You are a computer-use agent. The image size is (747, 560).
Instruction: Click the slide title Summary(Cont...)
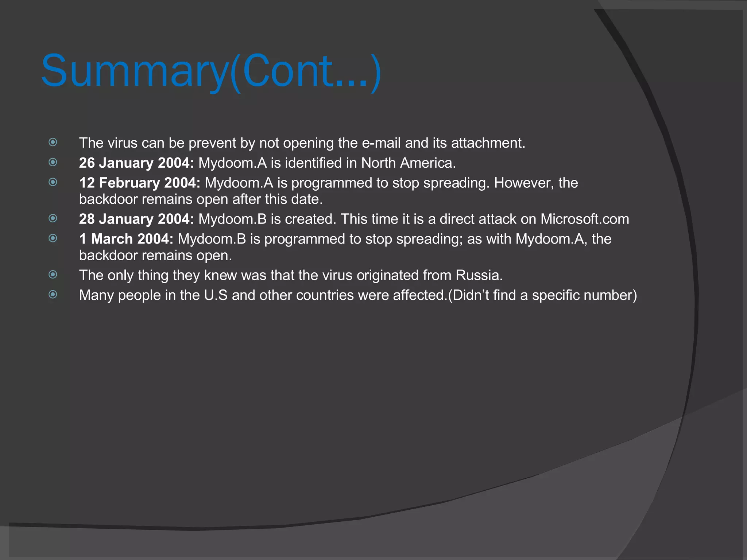[211, 71]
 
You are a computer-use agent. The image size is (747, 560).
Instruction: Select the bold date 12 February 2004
[139, 183]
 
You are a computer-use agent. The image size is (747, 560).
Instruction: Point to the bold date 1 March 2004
[126, 239]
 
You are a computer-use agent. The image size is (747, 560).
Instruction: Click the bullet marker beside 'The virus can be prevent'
[53, 142]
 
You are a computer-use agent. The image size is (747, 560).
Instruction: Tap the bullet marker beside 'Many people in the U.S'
[53, 294]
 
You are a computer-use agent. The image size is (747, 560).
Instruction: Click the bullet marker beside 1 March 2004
[53, 238]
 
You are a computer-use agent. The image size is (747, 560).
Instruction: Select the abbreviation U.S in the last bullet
[216, 295]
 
